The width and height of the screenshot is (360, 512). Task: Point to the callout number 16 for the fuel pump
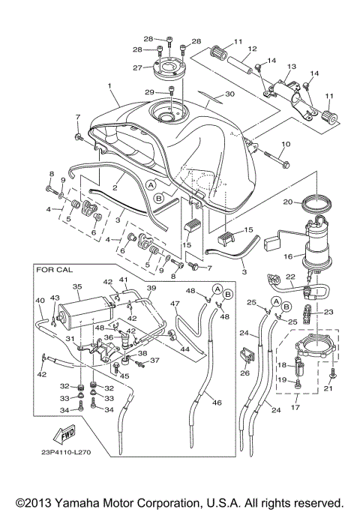(x=288, y=256)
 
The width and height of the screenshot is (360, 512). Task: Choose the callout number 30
(x=229, y=94)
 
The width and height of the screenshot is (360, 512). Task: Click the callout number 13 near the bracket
(x=292, y=67)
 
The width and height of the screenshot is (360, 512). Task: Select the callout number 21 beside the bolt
(x=327, y=388)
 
